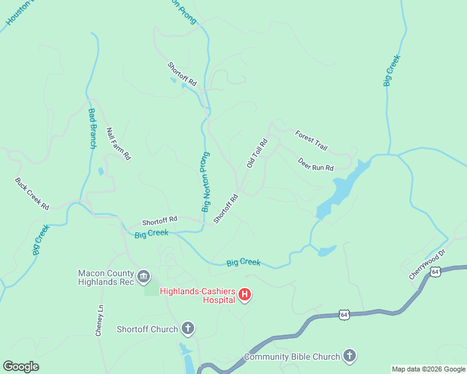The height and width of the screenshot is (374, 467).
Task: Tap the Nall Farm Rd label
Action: [x=118, y=144]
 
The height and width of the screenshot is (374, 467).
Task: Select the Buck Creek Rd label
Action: [x=32, y=194]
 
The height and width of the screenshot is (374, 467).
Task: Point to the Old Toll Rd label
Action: [x=257, y=153]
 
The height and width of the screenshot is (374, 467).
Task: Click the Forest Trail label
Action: [x=312, y=140]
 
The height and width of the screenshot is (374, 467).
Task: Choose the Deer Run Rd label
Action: [x=315, y=164]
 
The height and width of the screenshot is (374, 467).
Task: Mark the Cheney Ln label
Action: [x=99, y=321]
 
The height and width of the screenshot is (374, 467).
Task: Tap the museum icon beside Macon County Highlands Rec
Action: [x=144, y=276]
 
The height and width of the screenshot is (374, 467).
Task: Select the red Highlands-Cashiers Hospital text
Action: [x=197, y=295]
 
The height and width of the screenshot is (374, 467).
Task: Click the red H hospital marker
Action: [x=245, y=294]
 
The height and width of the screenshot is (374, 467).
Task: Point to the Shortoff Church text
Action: [x=147, y=328]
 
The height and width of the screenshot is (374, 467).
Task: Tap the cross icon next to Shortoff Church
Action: [x=188, y=328]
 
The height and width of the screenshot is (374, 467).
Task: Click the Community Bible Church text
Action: [x=292, y=357]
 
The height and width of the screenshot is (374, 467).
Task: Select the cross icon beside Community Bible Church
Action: [x=350, y=357]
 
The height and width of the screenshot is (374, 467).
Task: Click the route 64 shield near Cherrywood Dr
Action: [x=435, y=271]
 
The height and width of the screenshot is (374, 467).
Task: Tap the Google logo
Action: [x=21, y=367]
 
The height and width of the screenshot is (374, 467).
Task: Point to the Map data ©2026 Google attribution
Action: [x=428, y=369]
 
